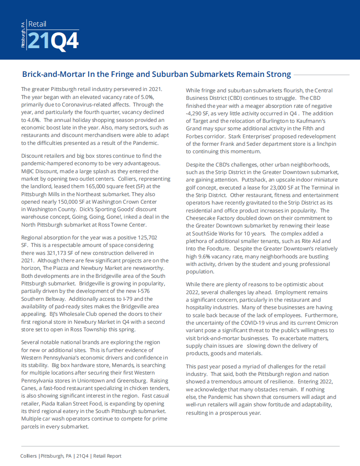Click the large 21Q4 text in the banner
53,41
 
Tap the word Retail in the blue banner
37,24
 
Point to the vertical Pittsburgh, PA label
23,35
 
